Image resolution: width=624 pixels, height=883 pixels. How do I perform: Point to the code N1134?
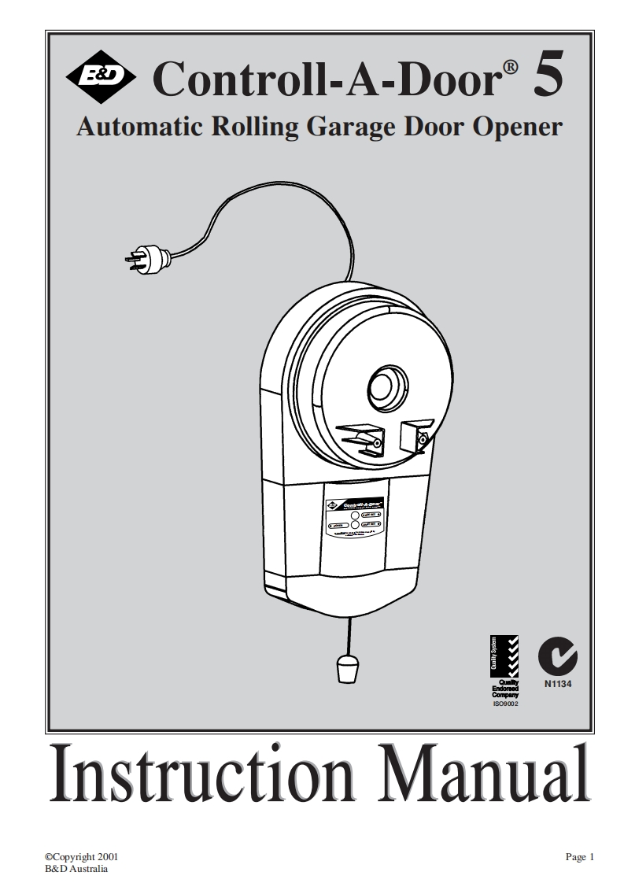[556, 683]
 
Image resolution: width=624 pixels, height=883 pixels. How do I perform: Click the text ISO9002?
[504, 703]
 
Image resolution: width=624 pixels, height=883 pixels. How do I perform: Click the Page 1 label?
[579, 857]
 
